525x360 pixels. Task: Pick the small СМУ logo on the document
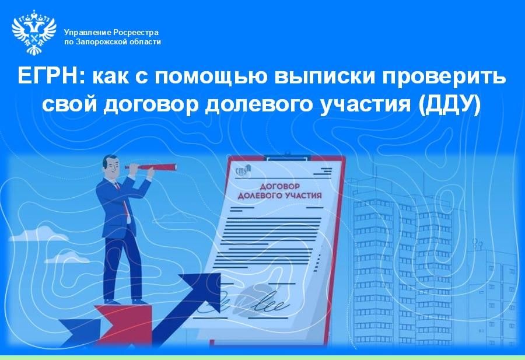[242, 170]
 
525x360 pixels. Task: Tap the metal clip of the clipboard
[286, 158]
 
